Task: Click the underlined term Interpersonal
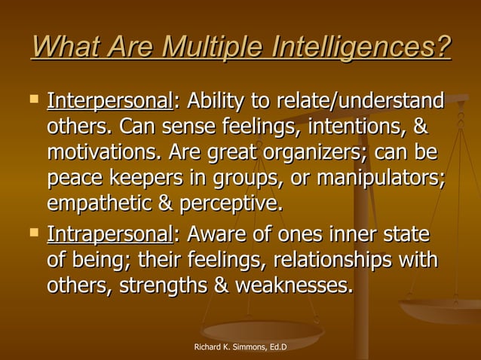tap(110, 100)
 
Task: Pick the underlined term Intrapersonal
tap(110, 234)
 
